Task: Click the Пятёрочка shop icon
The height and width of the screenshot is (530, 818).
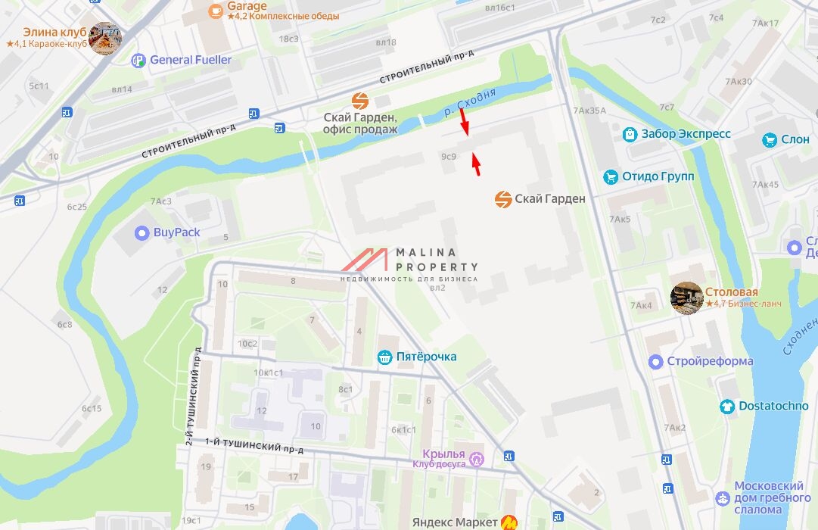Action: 385,357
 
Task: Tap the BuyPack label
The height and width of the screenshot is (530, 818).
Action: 176,232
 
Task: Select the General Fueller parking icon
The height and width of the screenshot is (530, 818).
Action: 138,61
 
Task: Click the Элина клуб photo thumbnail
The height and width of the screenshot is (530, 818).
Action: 104,39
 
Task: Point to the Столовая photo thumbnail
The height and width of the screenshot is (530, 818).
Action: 687,298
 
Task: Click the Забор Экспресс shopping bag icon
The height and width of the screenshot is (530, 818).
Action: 630,134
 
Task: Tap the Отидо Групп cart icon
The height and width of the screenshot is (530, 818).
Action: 611,177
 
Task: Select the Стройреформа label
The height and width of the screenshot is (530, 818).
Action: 710,361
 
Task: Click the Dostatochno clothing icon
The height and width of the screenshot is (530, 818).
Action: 727,407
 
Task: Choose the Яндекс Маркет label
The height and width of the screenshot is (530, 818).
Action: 455,522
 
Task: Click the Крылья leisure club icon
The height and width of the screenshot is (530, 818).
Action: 477,459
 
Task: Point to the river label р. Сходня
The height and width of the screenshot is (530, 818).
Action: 470,102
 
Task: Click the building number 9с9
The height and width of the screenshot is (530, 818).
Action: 449,157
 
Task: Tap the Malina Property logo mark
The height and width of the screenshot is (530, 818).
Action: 365,260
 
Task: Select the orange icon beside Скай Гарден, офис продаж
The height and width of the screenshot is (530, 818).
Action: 360,101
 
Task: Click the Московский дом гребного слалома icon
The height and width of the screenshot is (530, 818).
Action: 723,498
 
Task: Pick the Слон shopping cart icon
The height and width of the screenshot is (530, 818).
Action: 770,140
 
